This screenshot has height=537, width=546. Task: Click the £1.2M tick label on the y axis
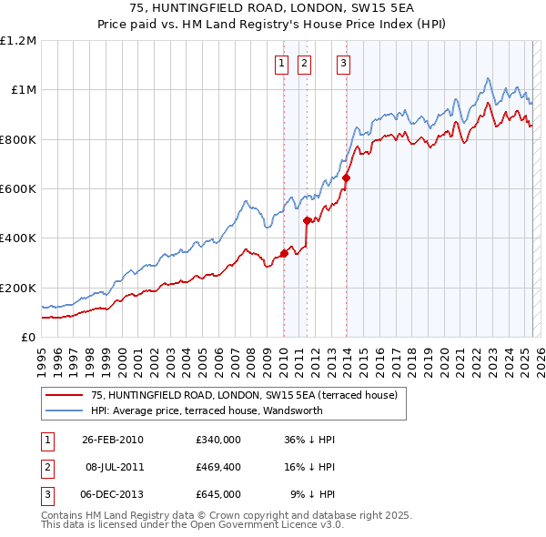18,41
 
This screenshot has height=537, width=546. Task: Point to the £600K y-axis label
18,189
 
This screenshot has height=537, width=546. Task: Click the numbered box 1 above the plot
281,63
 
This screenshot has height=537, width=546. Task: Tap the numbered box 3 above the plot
343,63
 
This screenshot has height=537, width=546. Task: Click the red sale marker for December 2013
347,177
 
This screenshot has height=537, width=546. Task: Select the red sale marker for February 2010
284,253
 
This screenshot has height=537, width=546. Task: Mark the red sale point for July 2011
307,220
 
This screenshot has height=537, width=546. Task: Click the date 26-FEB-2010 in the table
112,440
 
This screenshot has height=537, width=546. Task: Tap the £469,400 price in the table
217,467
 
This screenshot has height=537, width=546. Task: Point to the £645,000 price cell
217,494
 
